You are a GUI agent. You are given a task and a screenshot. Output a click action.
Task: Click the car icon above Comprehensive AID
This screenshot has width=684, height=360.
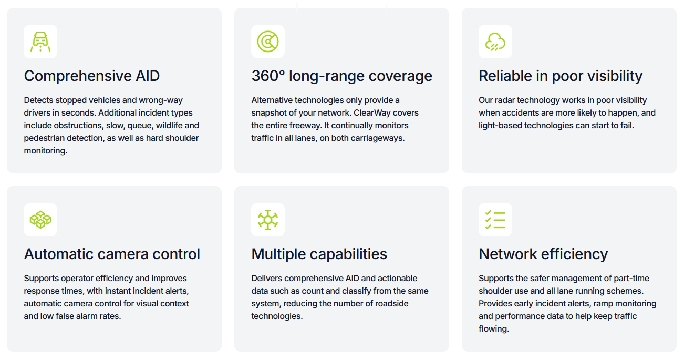(40, 42)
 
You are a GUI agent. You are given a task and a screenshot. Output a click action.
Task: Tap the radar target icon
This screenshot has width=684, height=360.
(268, 42)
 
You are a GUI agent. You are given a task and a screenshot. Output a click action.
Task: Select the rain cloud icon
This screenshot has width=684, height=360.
(495, 42)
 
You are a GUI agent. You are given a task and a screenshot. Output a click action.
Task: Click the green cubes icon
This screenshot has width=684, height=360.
(40, 220)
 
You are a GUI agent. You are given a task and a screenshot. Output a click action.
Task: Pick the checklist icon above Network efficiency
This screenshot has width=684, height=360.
(495, 220)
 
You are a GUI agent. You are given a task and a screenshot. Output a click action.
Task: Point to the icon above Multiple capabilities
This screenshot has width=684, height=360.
(268, 220)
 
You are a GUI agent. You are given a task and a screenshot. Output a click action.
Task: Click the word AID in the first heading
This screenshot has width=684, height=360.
(148, 76)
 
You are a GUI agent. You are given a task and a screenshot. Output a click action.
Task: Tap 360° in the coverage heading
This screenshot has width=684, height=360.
(268, 76)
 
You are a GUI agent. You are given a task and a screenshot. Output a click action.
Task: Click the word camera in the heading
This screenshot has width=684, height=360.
(122, 254)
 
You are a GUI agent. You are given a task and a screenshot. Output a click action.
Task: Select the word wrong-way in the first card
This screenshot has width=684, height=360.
(161, 100)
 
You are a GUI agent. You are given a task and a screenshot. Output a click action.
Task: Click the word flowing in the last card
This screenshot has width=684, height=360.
(493, 329)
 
